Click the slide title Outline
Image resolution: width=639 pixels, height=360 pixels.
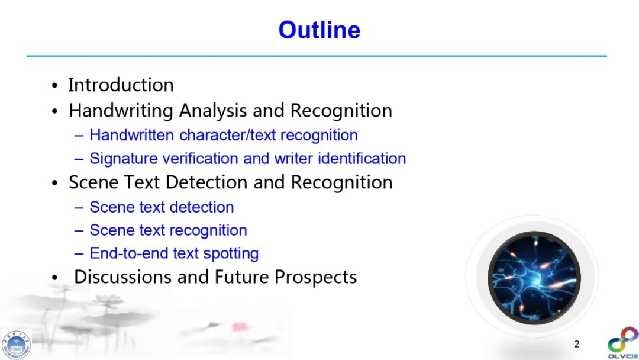(319, 30)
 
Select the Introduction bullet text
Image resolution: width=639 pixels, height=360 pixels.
(121, 85)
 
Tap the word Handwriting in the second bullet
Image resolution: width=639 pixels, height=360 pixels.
(121, 111)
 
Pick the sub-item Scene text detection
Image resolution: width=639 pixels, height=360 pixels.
(162, 207)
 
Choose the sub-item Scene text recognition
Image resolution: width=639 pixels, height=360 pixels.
(168, 230)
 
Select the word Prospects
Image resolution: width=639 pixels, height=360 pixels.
(315, 277)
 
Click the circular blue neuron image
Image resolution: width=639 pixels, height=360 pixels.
(534, 278)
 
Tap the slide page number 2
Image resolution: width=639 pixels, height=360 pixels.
(577, 344)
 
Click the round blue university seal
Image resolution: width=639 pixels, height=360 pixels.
(16, 345)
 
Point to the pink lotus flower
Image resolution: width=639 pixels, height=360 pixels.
(240, 326)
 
